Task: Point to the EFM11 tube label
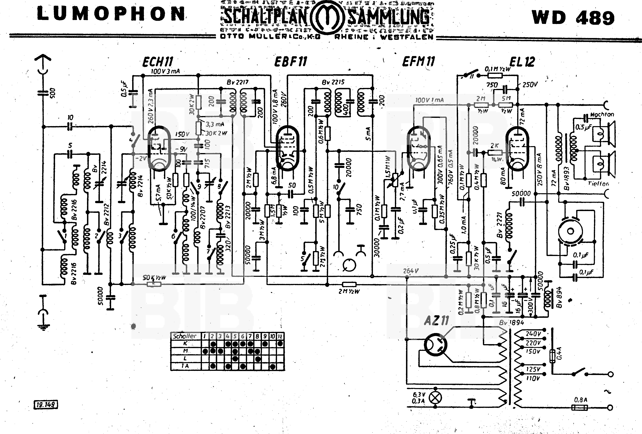click(418, 61)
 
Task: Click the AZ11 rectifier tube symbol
click(435, 345)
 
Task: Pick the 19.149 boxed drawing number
click(46, 405)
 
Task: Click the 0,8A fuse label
click(581, 400)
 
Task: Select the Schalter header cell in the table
click(184, 336)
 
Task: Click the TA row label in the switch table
click(185, 366)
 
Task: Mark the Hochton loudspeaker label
click(602, 114)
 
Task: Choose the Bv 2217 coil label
click(238, 82)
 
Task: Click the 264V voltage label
click(411, 271)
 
